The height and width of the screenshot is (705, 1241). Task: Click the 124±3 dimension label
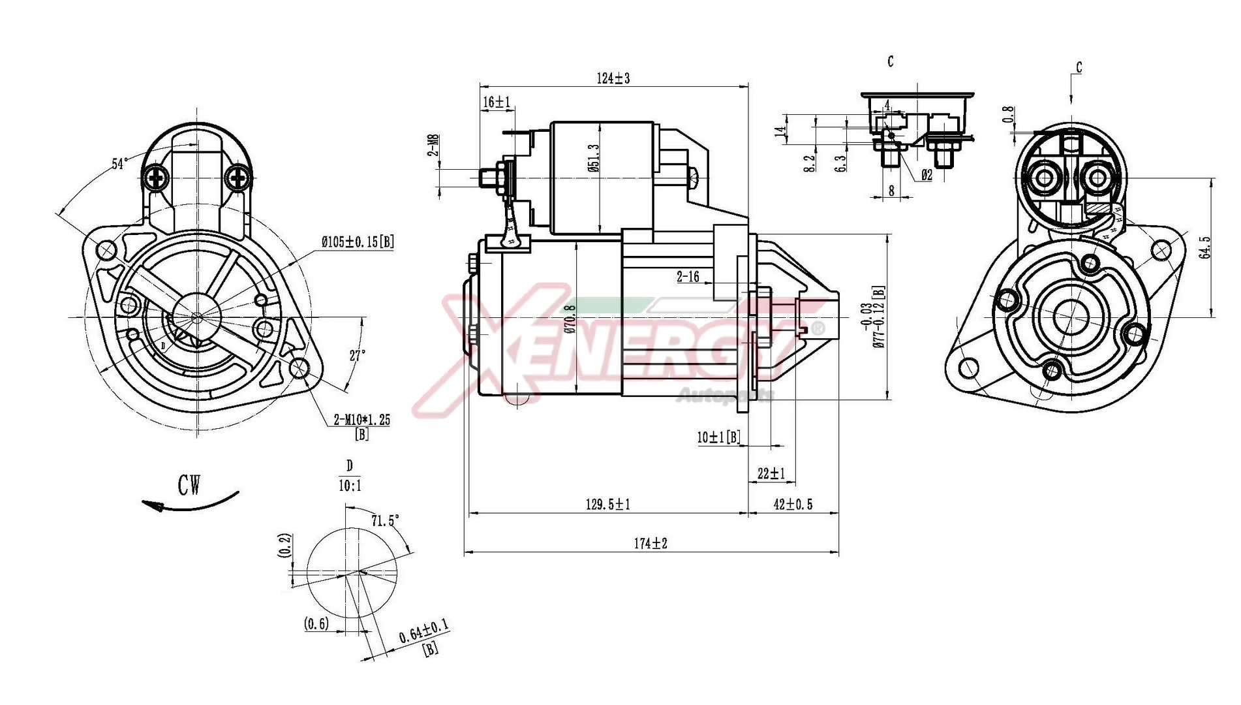coord(613,78)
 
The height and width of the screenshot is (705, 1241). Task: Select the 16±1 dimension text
coord(497,102)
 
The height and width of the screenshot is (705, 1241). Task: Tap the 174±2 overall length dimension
coord(651,543)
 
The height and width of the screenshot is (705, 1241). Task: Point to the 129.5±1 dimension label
coord(607,505)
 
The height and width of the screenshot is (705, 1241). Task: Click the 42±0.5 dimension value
coord(793,505)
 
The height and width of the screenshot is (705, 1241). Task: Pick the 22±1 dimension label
coord(771,473)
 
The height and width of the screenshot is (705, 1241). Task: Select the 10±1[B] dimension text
coord(718,437)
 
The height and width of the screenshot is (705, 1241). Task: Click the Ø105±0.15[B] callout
coord(358,242)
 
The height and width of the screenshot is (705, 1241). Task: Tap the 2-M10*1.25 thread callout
coord(361,420)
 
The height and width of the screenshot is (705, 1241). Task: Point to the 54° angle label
coord(119,163)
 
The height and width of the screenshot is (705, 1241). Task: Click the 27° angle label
coord(357,356)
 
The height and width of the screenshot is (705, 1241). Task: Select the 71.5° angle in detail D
coord(385,520)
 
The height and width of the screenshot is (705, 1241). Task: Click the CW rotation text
coord(189,485)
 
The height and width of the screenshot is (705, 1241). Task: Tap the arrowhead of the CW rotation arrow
coord(151,505)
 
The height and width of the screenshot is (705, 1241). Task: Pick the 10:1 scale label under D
coord(350,486)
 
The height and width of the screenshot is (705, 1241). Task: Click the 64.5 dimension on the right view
coord(1204,247)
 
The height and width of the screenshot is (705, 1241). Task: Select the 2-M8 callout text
coord(433,146)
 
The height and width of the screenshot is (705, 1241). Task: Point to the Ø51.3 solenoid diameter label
coord(593,158)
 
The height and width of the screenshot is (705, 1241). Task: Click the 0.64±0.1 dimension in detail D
coord(423,631)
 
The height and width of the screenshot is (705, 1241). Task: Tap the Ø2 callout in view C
coord(926,175)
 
